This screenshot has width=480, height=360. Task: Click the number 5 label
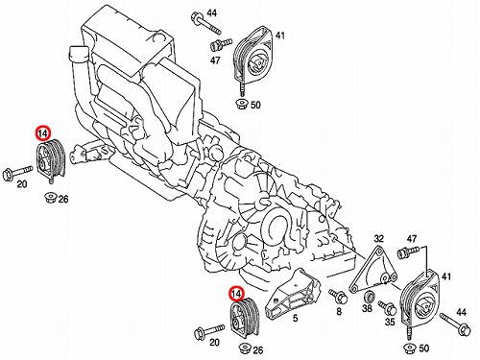[x=295, y=318]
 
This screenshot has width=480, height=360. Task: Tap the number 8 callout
[x=339, y=311]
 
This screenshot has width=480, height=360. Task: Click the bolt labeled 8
[x=339, y=297]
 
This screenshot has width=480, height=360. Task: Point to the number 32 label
[x=378, y=239]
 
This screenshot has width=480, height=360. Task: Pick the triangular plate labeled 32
[x=373, y=270]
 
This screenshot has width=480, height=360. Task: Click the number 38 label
[x=367, y=308]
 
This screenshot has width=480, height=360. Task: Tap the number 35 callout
[x=390, y=322]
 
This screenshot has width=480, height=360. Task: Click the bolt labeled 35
[x=387, y=307]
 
